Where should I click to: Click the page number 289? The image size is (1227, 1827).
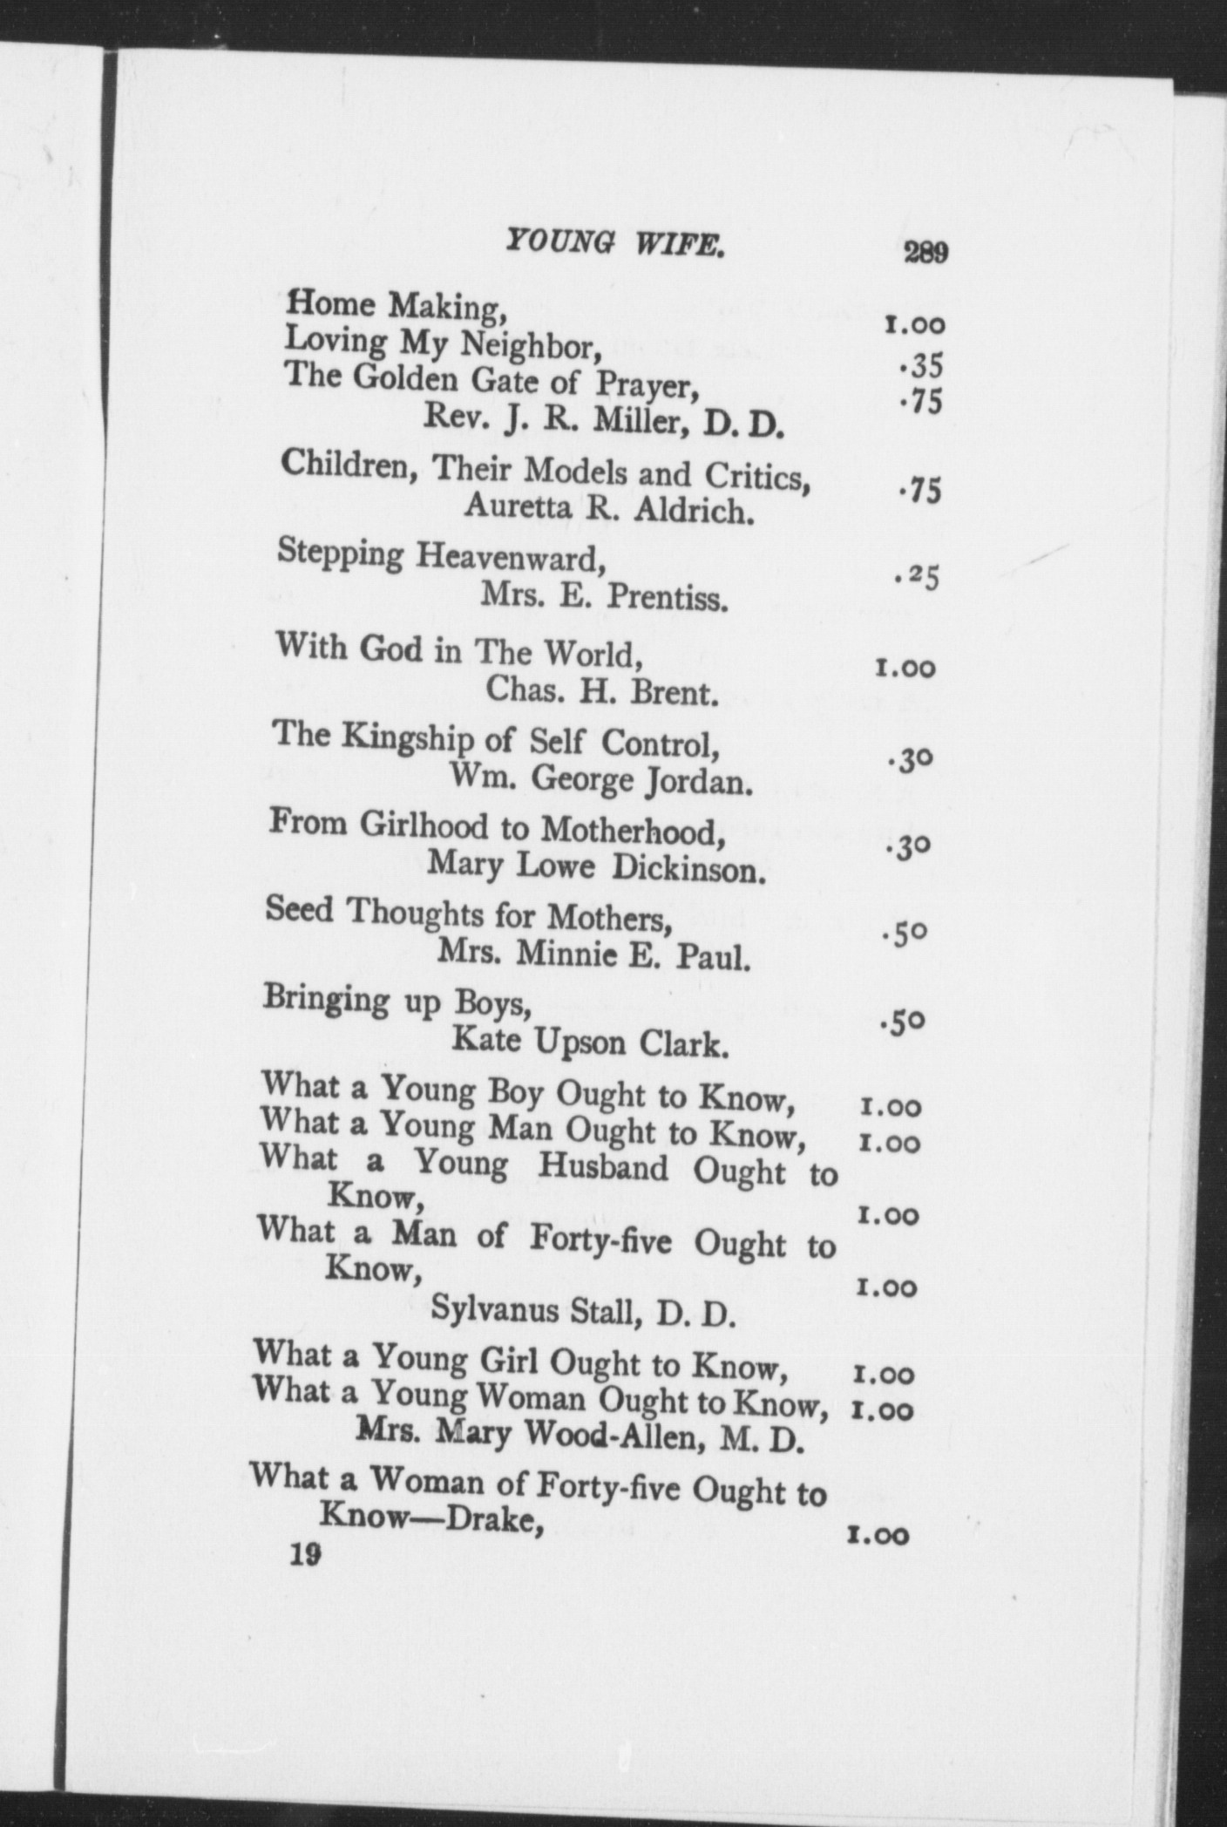(x=925, y=254)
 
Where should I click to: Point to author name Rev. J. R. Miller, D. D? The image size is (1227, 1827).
(x=604, y=423)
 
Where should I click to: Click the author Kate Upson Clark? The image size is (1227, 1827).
(x=590, y=1043)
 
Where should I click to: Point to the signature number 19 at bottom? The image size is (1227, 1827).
(x=307, y=1555)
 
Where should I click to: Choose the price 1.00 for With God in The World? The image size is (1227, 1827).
(x=905, y=669)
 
